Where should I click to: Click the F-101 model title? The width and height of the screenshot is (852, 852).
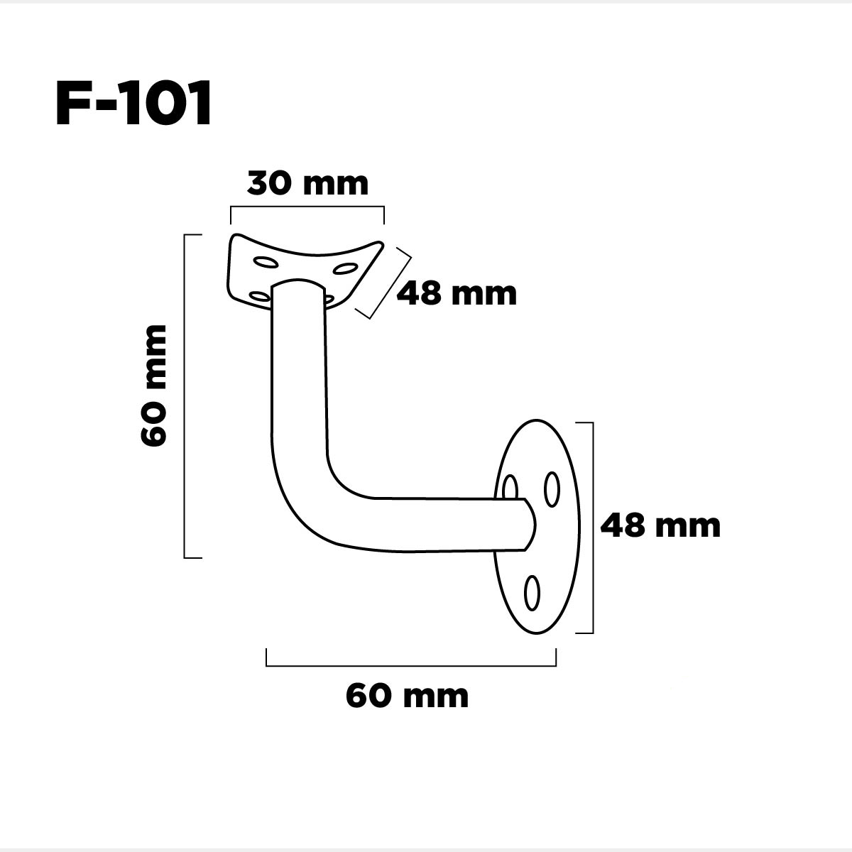133,104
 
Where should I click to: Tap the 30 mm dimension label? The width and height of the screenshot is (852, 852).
307,183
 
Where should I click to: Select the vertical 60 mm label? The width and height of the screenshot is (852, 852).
153,385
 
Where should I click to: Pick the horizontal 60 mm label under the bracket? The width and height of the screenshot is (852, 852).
407,697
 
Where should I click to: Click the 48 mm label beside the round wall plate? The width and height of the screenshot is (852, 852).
660,525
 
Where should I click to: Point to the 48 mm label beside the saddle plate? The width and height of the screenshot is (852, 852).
457,294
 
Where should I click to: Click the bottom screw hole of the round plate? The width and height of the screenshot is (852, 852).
532,593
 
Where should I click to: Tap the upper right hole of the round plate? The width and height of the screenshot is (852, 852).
552,489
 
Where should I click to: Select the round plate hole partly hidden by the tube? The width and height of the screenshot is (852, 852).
510,487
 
